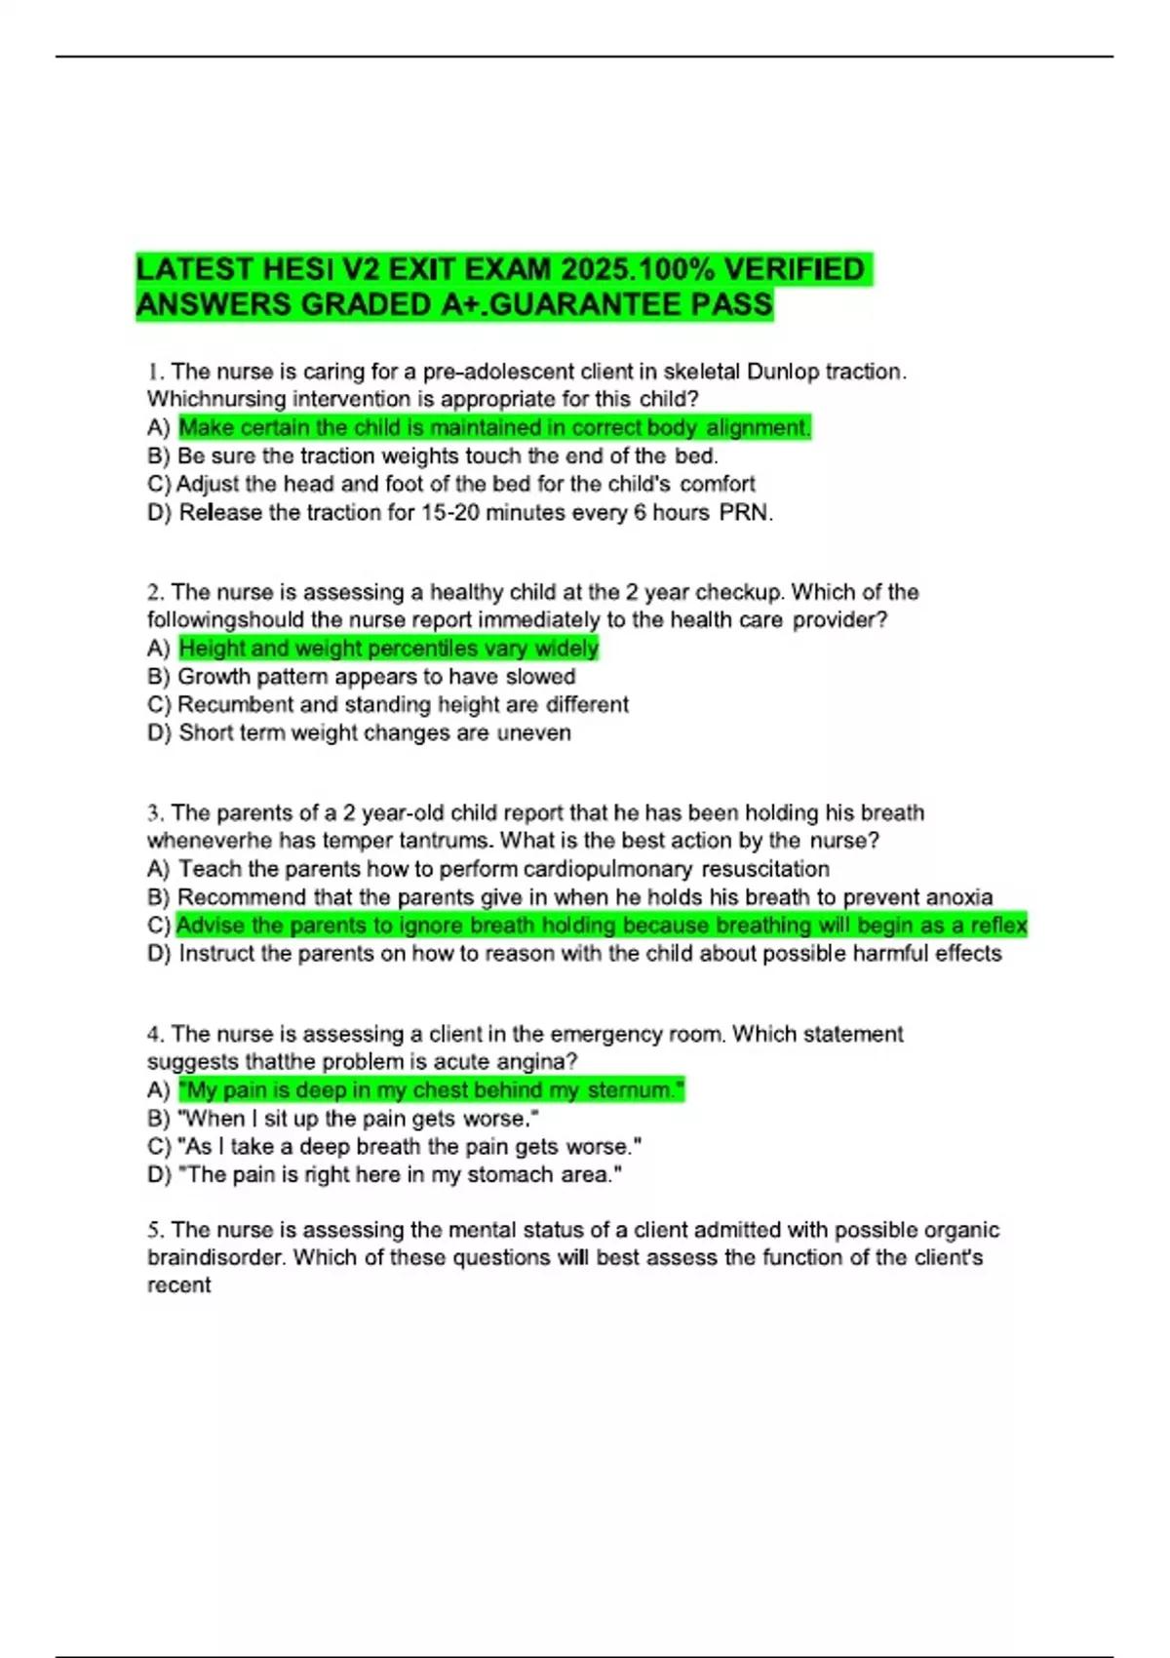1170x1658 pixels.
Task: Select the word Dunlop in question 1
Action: pyautogui.click(x=783, y=372)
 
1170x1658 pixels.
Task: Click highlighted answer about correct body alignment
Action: pyautogui.click(x=494, y=427)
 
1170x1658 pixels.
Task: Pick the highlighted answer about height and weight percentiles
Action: pyautogui.click(x=388, y=649)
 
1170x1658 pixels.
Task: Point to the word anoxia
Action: pyautogui.click(x=958, y=897)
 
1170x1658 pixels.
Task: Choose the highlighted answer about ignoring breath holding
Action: pyautogui.click(x=602, y=926)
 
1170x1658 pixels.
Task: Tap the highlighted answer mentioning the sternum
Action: pyautogui.click(x=431, y=1090)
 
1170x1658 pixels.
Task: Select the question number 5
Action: pyautogui.click(x=153, y=1230)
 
